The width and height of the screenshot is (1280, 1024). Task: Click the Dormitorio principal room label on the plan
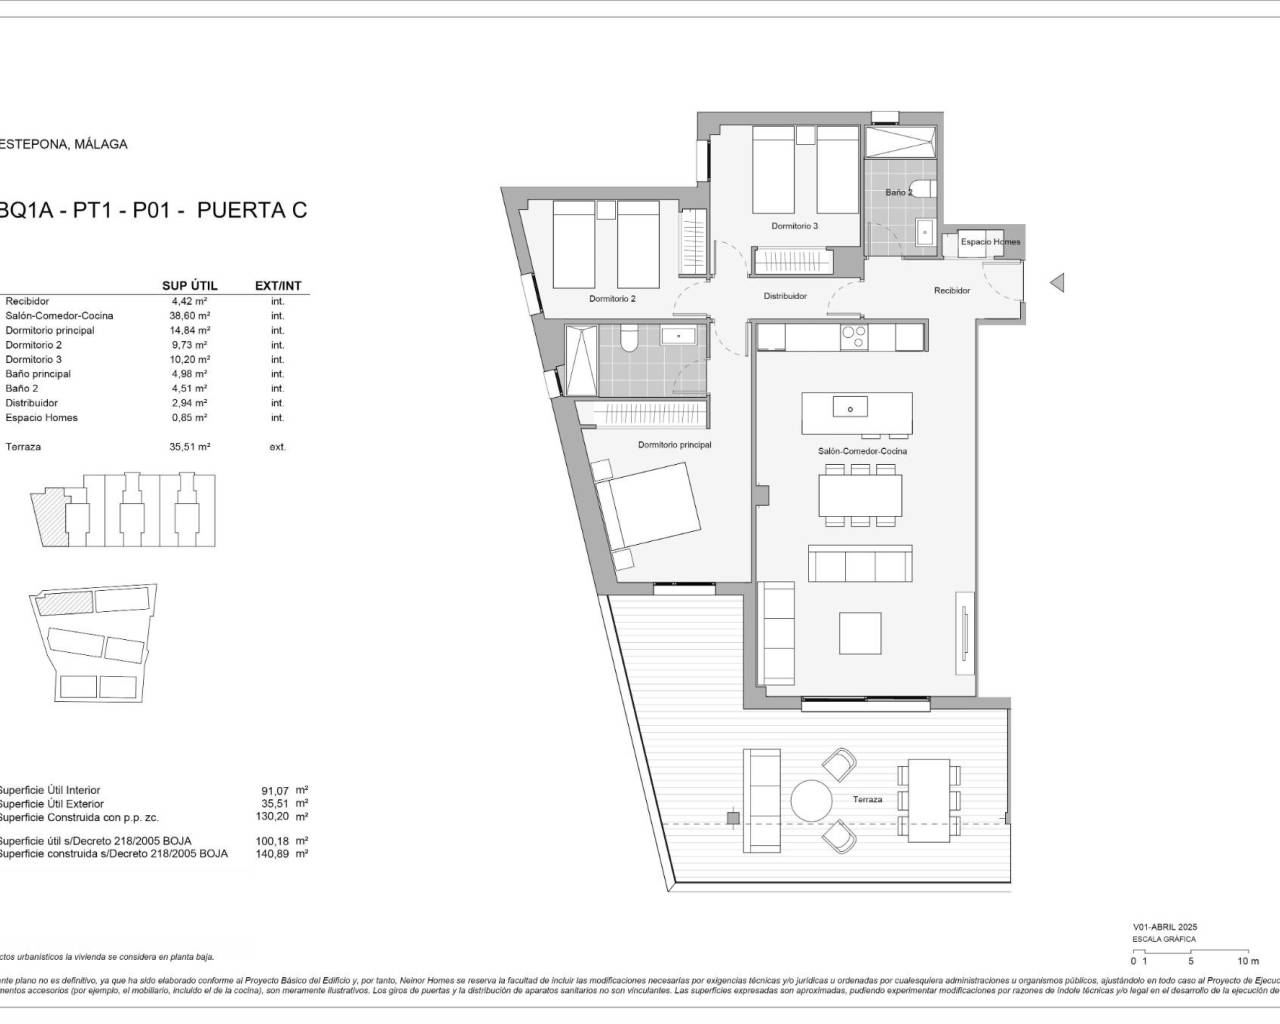(675, 445)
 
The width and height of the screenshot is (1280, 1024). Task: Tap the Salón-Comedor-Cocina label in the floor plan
(862, 451)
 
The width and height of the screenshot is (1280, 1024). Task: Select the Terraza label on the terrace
(868, 800)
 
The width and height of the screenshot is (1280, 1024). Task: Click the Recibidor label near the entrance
(952, 291)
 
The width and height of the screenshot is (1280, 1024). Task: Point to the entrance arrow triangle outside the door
(1056, 283)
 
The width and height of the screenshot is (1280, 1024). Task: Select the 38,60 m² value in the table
(189, 315)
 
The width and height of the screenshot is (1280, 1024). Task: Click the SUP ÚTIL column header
(189, 286)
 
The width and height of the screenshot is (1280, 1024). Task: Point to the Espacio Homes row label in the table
(41, 418)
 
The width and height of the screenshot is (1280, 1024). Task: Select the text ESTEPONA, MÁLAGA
(62, 144)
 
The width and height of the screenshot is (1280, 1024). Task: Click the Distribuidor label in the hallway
(785, 296)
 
